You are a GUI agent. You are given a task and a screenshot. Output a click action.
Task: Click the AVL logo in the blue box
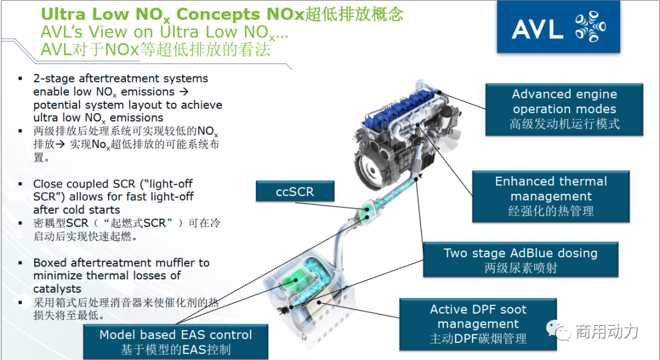pos(558,27)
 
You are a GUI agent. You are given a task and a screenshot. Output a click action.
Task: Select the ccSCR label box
pos(295,191)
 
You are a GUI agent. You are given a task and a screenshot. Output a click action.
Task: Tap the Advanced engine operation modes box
pos(564,109)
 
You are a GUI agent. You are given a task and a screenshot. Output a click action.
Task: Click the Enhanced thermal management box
pos(551,196)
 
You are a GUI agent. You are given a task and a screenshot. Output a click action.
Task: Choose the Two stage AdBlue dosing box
pos(521,259)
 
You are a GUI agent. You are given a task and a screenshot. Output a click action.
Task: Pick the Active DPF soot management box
pos(478,324)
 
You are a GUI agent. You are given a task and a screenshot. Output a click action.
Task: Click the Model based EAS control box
pos(175,342)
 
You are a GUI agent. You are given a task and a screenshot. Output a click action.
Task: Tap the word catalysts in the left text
pos(57,289)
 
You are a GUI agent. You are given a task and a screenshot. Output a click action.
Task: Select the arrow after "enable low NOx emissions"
pos(183,92)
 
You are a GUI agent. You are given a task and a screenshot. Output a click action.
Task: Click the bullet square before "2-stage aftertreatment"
pos(20,79)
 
